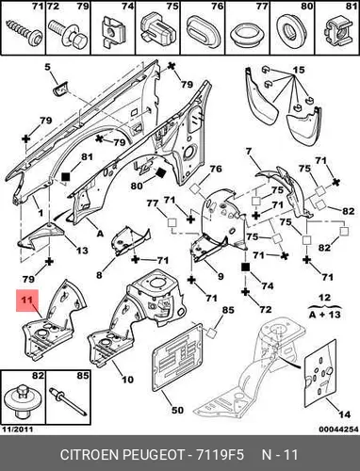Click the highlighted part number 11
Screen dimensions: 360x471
(x=27, y=300)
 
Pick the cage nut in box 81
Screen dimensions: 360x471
(x=337, y=31)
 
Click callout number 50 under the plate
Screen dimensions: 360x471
(x=177, y=410)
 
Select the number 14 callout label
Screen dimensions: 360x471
(x=344, y=414)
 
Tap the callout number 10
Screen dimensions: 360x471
(x=127, y=380)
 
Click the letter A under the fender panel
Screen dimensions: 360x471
(x=100, y=234)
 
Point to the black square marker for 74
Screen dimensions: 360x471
(x=245, y=268)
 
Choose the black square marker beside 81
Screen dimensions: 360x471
(x=66, y=177)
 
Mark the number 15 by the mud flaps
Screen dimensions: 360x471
(x=299, y=70)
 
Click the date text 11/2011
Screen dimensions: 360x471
(x=18, y=430)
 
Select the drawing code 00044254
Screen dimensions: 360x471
(x=339, y=430)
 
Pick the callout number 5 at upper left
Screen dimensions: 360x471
(x=47, y=67)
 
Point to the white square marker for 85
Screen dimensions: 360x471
(x=211, y=333)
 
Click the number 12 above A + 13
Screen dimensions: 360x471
(x=324, y=298)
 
